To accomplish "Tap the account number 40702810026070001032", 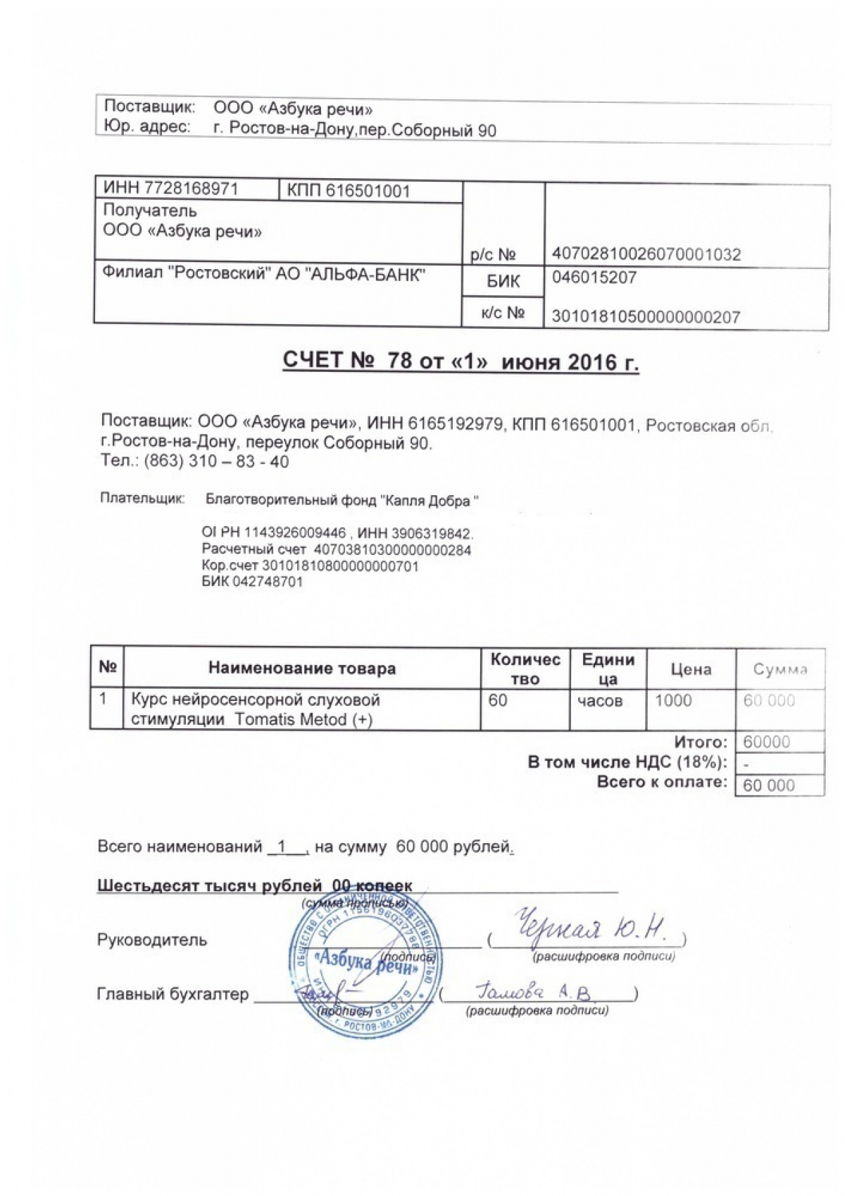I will pyautogui.click(x=646, y=254).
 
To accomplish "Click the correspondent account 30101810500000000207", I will pyautogui.click(x=645, y=317).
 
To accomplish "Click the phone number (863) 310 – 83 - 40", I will pyautogui.click(x=215, y=462).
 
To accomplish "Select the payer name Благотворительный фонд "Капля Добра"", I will pyautogui.click(x=342, y=501).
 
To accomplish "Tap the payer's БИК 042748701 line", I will pyautogui.click(x=252, y=582).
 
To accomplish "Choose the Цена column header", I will pyautogui.click(x=690, y=669).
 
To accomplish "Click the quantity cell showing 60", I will pyautogui.click(x=498, y=701).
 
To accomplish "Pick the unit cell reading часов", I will pyautogui.click(x=600, y=702).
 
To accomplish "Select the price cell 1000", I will pyautogui.click(x=673, y=701).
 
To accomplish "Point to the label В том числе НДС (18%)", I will pyautogui.click(x=627, y=762).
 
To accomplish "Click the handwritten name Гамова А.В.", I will pyautogui.click(x=535, y=992).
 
